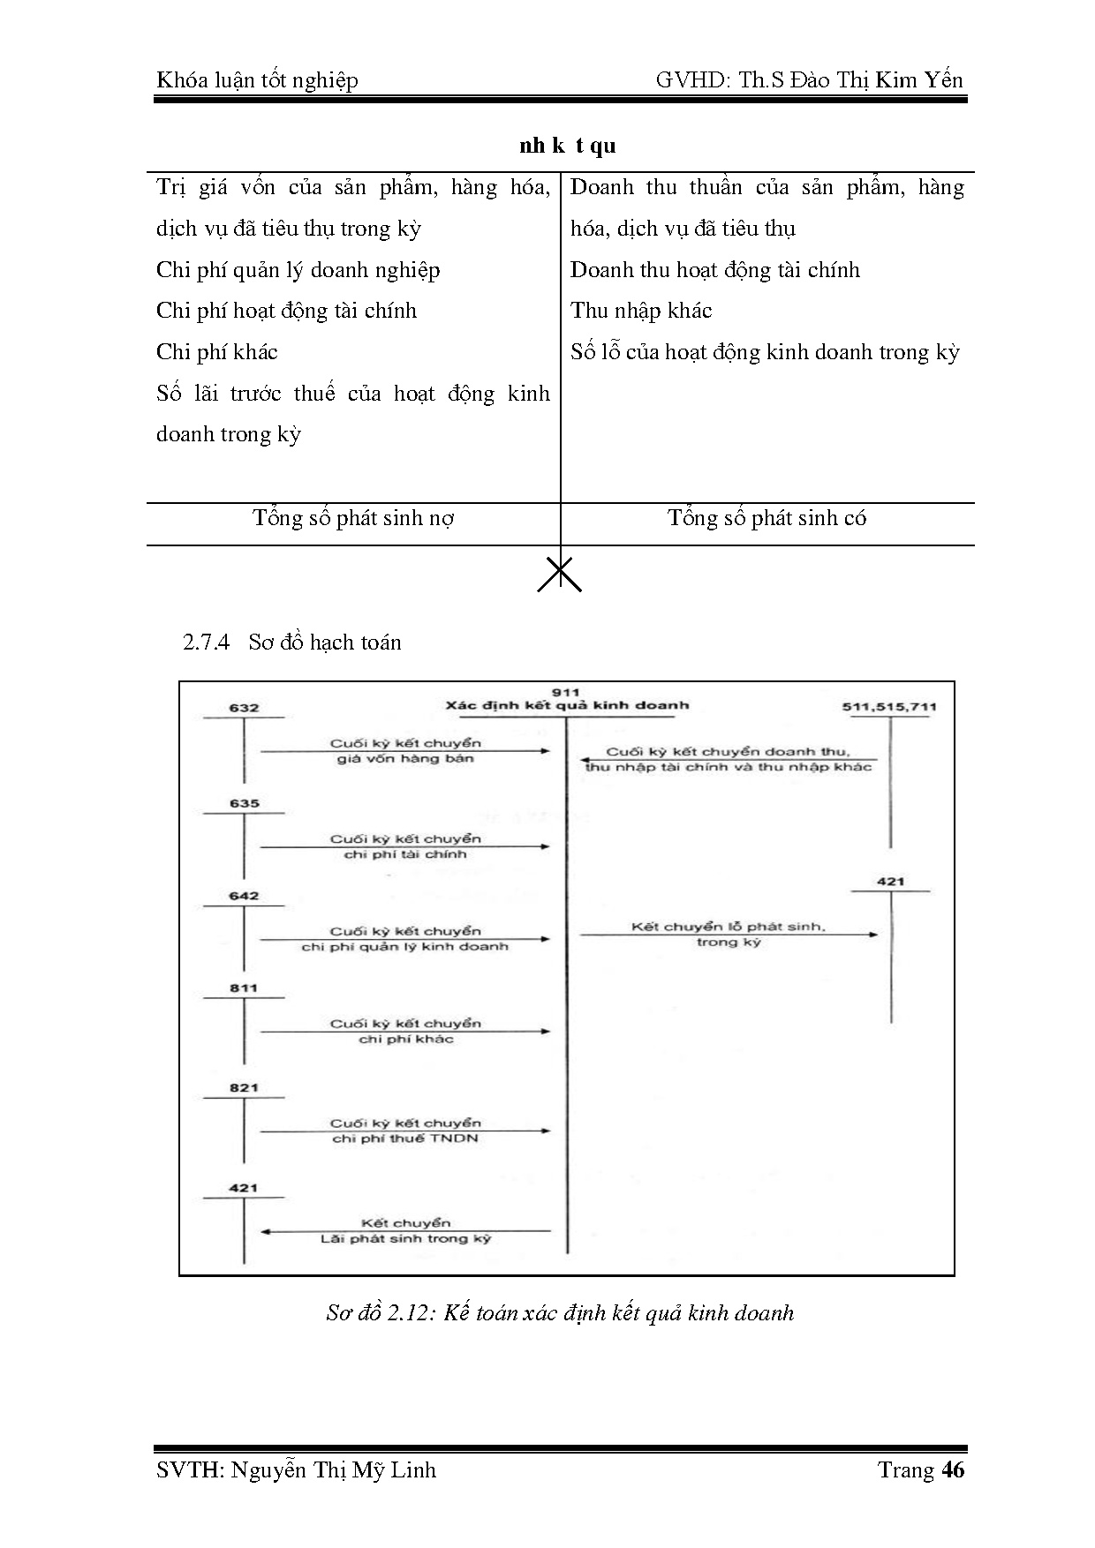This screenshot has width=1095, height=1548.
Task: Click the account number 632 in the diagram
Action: tap(244, 708)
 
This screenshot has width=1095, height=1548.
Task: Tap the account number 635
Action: tap(244, 803)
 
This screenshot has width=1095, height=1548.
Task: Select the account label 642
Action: tap(244, 896)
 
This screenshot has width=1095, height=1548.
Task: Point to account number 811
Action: tap(244, 988)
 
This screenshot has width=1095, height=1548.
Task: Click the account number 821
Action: tap(244, 1088)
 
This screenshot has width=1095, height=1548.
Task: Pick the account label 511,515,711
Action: tap(889, 707)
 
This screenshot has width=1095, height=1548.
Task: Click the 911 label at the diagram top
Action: tap(566, 693)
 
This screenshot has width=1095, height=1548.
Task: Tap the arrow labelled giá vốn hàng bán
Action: tap(405, 751)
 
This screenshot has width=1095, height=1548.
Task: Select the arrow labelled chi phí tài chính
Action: tap(405, 846)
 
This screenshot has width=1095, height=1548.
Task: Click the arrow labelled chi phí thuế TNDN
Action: tap(405, 1131)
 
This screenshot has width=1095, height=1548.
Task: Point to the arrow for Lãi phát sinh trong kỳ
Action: tap(405, 1230)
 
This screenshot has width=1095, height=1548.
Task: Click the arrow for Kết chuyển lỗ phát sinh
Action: tap(729, 935)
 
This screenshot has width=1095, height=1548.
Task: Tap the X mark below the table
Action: tap(560, 574)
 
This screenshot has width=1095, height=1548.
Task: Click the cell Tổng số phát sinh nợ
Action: tap(353, 518)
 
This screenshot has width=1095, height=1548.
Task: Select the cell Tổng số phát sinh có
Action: tap(766, 518)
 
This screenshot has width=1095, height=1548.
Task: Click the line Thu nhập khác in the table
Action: tap(641, 311)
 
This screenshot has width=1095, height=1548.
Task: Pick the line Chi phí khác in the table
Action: tap(217, 352)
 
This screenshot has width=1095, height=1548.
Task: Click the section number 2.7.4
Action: tap(206, 642)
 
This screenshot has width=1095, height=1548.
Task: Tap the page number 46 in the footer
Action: tap(953, 1469)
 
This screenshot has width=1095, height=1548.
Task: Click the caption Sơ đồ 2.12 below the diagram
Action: tap(560, 1312)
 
